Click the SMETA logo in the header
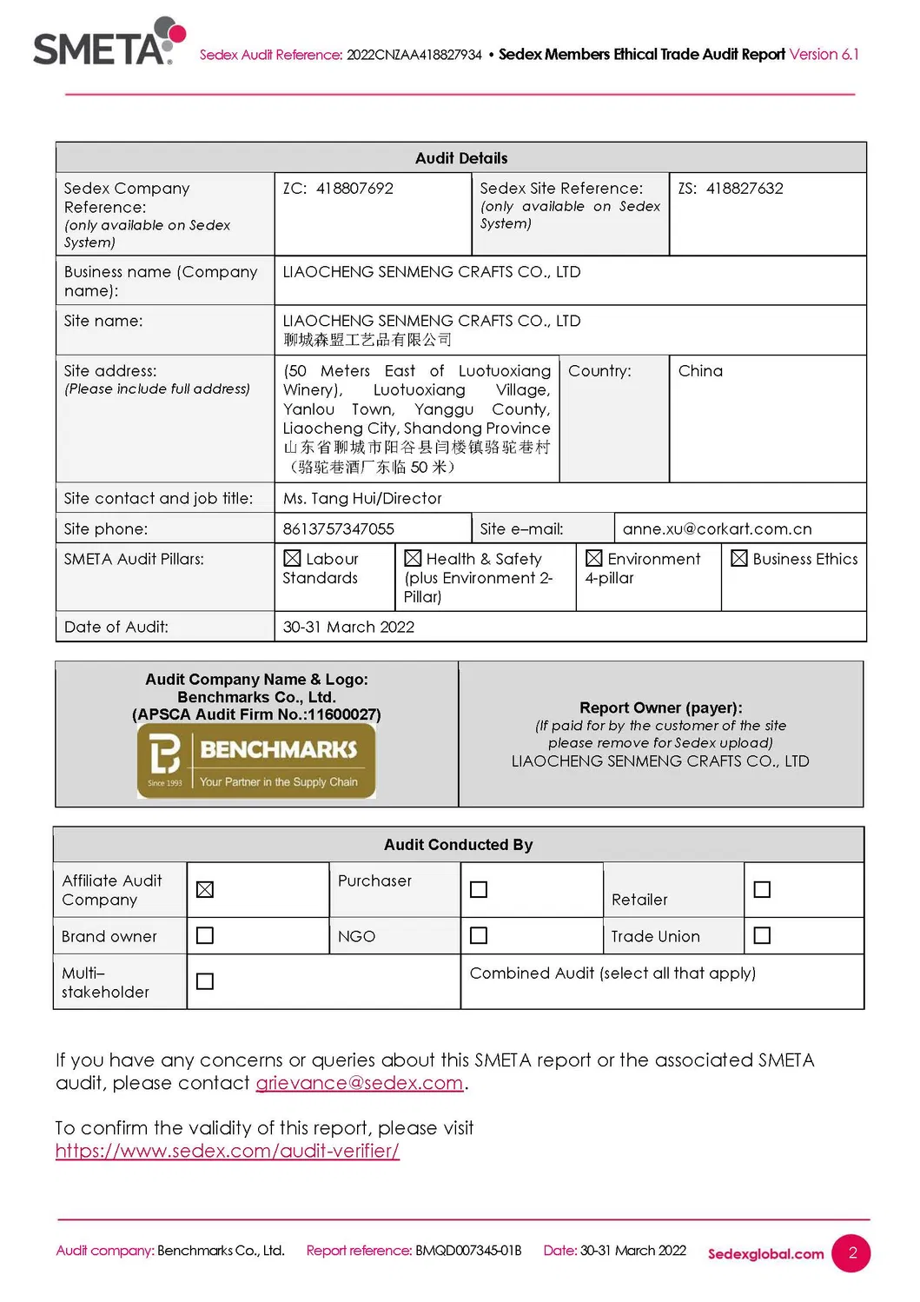(108, 43)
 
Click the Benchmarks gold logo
(256, 760)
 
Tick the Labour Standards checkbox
(292, 559)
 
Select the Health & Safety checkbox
(413, 559)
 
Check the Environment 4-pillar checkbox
(594, 559)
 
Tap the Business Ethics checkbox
(739, 559)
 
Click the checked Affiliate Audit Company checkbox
(205, 889)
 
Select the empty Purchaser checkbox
(479, 889)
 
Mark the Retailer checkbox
(762, 889)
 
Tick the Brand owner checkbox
(205, 935)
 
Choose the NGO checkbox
(479, 935)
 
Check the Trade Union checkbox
(762, 935)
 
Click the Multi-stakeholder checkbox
(205, 981)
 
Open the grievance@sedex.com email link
(359, 1083)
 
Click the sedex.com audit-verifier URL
(228, 1151)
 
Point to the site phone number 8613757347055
(339, 528)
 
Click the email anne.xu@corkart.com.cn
(717, 528)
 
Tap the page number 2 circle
(851, 1252)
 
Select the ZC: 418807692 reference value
(338, 189)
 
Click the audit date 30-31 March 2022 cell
(348, 627)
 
